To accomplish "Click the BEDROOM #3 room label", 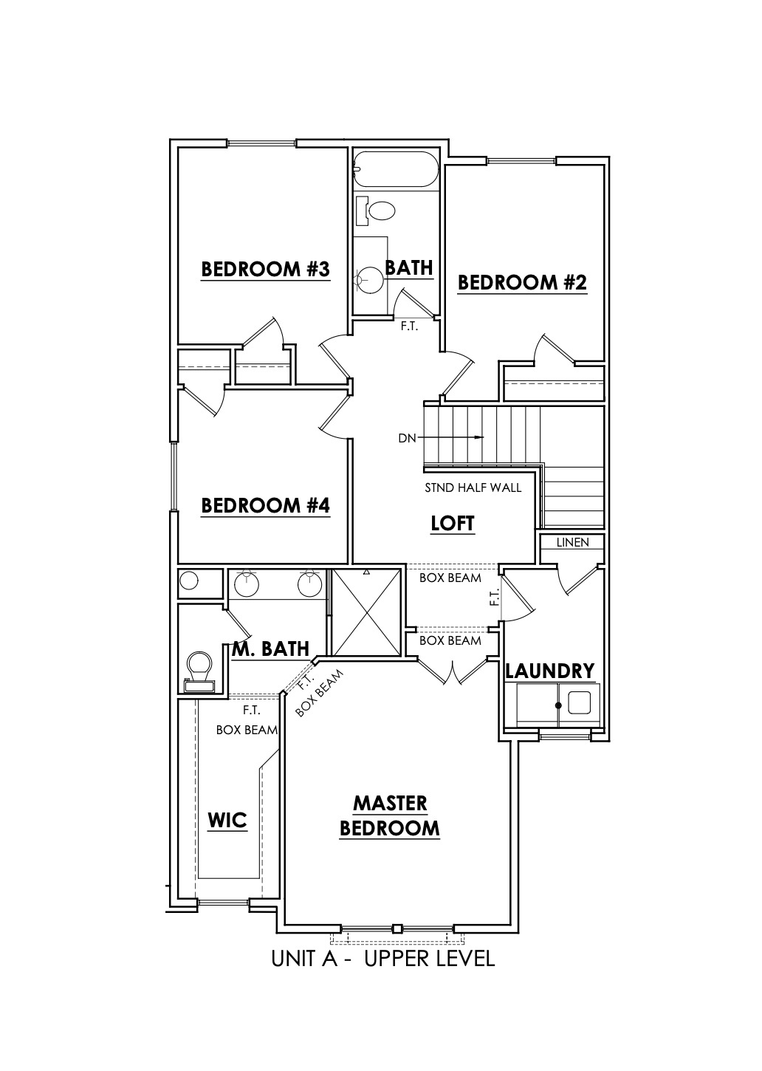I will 265,270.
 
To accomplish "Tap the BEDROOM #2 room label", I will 522,283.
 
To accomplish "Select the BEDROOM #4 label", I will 265,506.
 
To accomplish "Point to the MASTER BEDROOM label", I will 389,816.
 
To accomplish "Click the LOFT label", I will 453,524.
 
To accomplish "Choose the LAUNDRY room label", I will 550,671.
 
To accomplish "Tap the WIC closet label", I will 227,820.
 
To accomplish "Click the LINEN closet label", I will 573,542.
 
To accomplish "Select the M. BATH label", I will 271,649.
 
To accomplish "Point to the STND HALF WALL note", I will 473,487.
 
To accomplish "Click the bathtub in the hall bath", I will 395,170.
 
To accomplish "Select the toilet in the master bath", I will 199,666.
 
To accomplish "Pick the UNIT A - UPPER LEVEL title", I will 382,959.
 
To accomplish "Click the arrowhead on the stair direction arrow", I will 480,437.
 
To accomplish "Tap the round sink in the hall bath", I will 368,279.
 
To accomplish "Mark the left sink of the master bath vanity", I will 246,584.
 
